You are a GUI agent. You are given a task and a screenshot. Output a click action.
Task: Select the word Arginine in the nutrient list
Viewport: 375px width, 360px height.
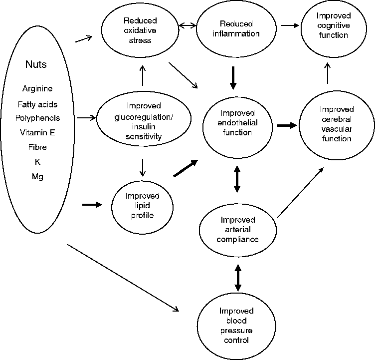coord(37,89)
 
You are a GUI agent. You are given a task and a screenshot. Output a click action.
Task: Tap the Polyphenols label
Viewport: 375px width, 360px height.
coord(37,118)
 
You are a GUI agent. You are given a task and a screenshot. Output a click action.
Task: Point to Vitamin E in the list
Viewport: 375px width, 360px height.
coord(37,133)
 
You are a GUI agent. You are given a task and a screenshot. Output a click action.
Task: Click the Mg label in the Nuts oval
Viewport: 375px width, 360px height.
coord(37,177)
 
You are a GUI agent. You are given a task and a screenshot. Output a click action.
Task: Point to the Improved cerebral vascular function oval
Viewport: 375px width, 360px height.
coord(337,123)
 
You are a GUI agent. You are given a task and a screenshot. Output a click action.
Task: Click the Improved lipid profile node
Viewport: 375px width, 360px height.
coord(143,205)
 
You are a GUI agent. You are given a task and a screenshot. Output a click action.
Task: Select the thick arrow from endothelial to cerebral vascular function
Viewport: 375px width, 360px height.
coord(286,125)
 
